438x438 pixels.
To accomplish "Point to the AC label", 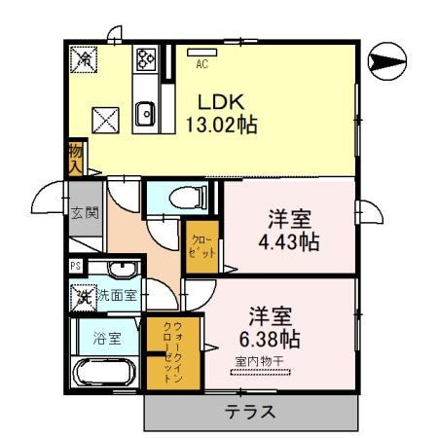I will click(x=202, y=65).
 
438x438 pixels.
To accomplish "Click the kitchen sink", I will click(x=146, y=113).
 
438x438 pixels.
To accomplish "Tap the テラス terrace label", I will click(x=251, y=411).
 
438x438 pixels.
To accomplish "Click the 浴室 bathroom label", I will click(x=107, y=340).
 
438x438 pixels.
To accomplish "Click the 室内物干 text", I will click(x=258, y=362).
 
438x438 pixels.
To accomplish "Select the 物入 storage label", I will click(x=74, y=158).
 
